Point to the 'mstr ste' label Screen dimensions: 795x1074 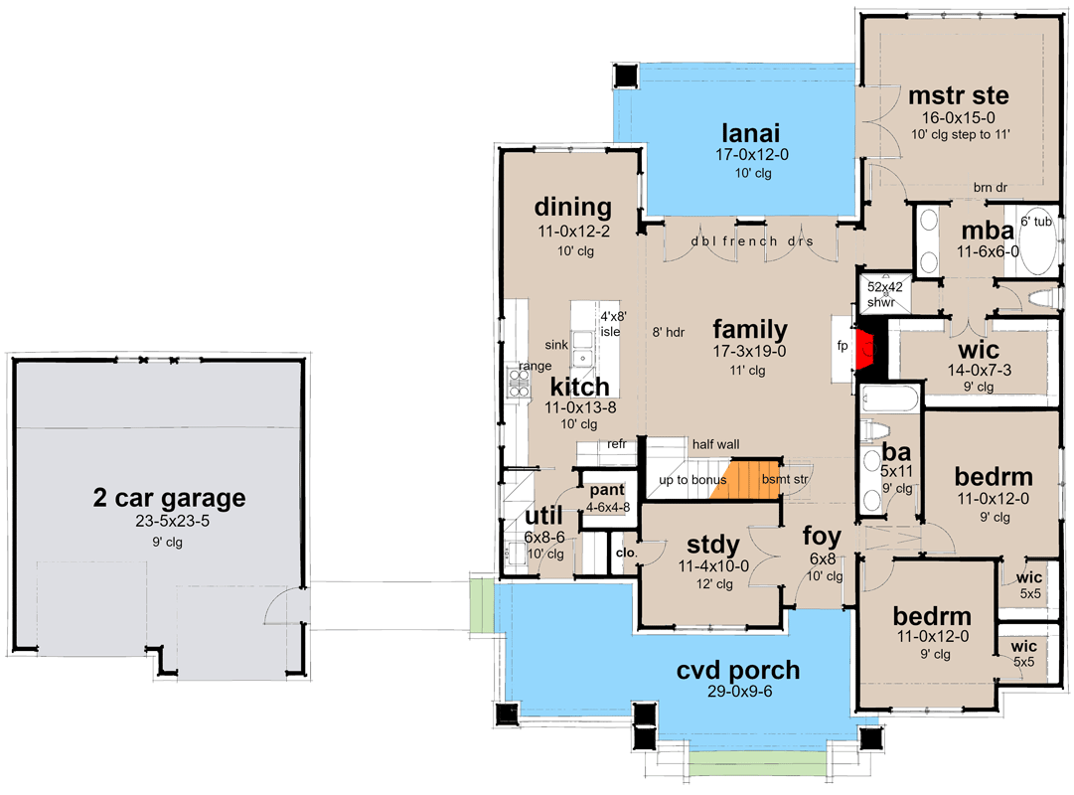coord(959,95)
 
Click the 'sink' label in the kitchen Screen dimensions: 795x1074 coord(555,344)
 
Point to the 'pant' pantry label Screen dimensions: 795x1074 coord(606,491)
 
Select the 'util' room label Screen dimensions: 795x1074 coord(543,516)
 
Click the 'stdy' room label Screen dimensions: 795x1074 coord(713,545)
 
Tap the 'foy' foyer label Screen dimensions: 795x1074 coord(823,538)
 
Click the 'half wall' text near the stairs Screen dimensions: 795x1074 coord(715,444)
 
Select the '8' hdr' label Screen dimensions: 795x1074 coord(665,333)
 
